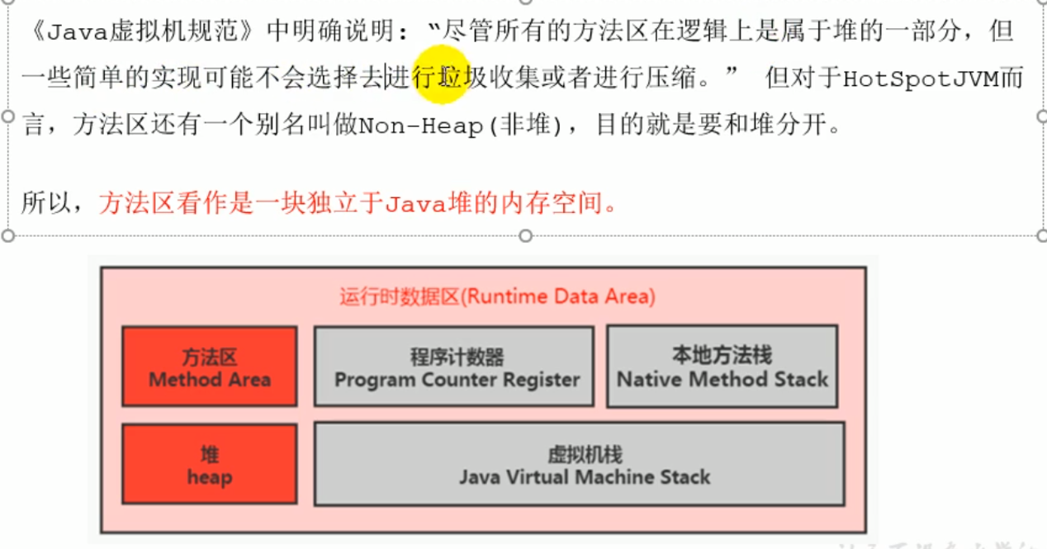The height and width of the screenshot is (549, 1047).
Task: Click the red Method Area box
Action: (x=209, y=367)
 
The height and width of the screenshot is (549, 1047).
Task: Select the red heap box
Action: (x=209, y=464)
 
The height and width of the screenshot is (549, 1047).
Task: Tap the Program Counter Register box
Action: (x=453, y=367)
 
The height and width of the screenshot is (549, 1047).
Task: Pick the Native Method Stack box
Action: (x=722, y=367)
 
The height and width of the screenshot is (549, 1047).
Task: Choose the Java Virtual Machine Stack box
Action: (x=579, y=464)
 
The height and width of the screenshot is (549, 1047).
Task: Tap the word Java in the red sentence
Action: (x=415, y=204)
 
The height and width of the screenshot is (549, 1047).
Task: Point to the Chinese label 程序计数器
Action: (x=457, y=357)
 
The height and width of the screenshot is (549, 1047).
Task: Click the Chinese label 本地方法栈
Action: (x=722, y=356)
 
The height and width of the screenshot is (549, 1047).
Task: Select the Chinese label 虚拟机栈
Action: (x=585, y=454)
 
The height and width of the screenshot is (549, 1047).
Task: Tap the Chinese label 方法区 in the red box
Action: (x=209, y=357)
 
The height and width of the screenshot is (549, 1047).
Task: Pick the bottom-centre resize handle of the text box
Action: (x=524, y=236)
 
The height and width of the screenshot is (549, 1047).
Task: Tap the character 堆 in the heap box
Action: (x=209, y=454)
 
